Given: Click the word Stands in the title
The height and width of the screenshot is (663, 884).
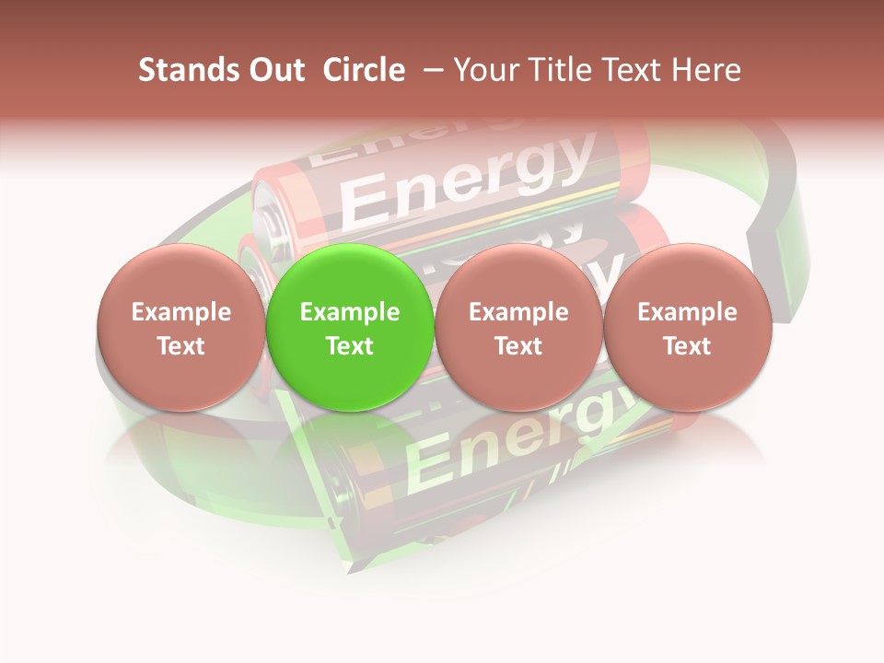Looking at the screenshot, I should coord(180,70).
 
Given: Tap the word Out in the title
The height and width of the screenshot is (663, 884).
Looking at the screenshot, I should coord(273,70).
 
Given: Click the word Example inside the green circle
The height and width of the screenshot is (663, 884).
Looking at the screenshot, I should coord(349,312).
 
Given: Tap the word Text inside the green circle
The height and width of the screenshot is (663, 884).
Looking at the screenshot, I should coord(349,346).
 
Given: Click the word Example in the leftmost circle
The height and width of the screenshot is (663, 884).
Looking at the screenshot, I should coord(180,312).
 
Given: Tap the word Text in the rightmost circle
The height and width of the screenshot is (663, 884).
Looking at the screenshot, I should coord(687,346).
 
